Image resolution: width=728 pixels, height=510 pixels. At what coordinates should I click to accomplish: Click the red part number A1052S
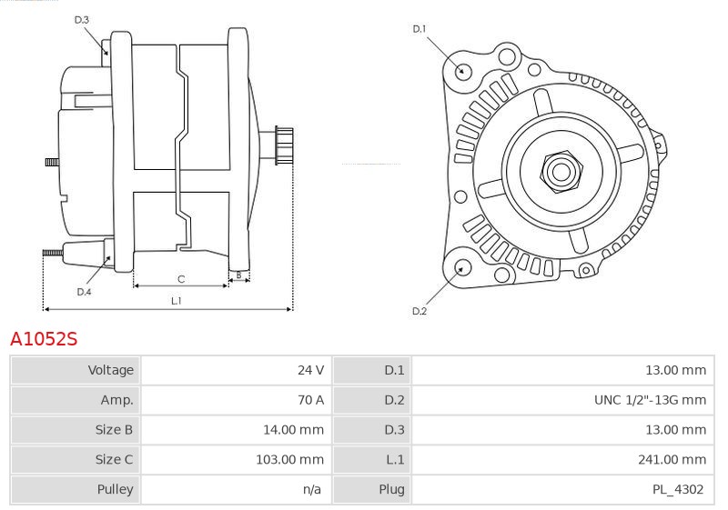[x=44, y=339]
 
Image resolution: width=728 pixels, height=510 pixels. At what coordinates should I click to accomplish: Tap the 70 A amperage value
[x=310, y=400]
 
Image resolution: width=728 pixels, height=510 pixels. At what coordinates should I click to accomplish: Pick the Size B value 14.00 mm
[x=293, y=430]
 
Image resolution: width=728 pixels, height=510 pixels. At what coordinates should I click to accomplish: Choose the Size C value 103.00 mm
[x=289, y=459]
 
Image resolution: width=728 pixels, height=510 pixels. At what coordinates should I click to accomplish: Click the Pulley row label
[x=116, y=489]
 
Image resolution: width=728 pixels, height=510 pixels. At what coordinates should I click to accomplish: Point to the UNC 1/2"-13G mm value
[x=650, y=400]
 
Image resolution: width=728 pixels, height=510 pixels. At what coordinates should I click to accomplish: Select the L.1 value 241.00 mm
[x=672, y=459]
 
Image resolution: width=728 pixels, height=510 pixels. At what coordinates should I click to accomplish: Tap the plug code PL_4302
[x=678, y=489]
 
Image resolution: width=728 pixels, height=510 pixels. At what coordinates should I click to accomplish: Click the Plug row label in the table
[x=391, y=489]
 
